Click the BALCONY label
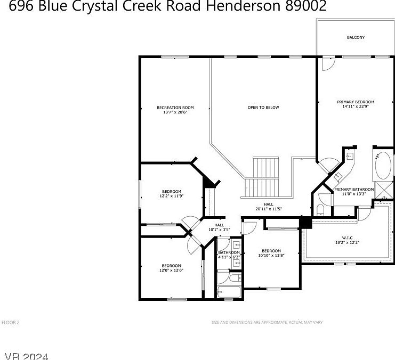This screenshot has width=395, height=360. pos(356,37)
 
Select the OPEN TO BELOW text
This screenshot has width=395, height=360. pos(263,108)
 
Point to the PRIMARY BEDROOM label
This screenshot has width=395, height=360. pos(356,102)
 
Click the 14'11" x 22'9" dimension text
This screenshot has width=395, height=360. pos(356,107)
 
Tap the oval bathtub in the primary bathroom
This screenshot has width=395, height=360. pos(382,166)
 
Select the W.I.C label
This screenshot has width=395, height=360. pos(348,238)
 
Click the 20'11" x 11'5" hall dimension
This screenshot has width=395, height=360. pos(268,209)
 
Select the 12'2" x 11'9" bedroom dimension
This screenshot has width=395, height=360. pos(172,196)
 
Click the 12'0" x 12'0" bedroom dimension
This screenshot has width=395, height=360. pos(172,270)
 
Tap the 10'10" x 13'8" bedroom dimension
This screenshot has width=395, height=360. pos(271,255)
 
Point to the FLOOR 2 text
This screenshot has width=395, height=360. pos(11,322)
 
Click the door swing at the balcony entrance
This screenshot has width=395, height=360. pos(328,63)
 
